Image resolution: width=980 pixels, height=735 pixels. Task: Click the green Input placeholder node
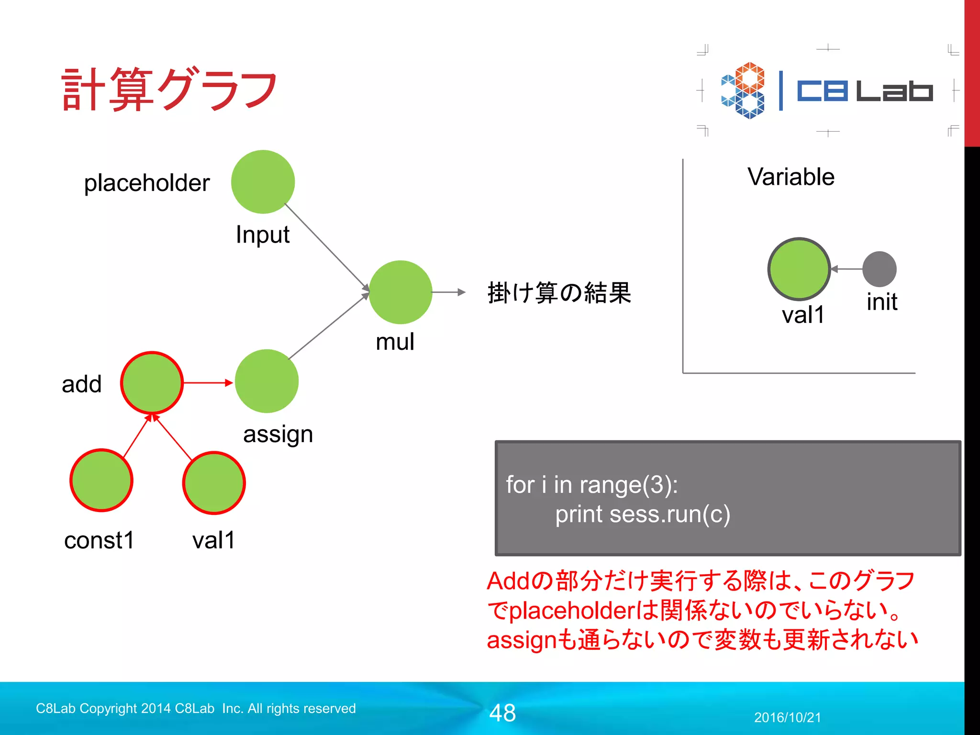263,182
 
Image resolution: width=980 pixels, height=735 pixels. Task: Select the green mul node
401,292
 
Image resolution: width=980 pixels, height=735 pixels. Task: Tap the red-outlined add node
152,383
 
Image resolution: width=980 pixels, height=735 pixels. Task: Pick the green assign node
267,381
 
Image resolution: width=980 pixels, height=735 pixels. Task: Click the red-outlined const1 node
101,480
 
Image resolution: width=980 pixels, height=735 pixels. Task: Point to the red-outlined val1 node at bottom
214,483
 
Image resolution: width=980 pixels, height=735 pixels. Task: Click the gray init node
879,269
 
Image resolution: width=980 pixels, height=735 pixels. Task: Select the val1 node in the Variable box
799,269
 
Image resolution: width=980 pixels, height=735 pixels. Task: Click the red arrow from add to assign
208,383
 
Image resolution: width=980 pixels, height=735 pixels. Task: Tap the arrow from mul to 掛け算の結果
448,292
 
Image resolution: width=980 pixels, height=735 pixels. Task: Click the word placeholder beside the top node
147,183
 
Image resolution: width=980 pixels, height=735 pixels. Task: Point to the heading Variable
791,177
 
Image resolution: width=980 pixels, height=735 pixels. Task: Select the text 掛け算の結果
559,292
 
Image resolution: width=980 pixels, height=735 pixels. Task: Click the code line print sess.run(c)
642,514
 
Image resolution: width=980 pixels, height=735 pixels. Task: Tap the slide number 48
502,713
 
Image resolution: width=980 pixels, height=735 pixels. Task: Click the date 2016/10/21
787,717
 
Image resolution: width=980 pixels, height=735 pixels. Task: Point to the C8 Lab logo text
864,91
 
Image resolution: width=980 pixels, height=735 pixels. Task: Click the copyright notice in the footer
196,708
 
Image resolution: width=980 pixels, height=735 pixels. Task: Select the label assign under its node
278,434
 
